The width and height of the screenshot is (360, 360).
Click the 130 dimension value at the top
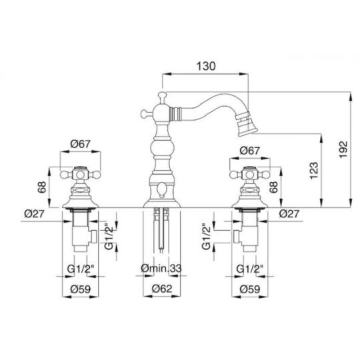(x=206, y=66)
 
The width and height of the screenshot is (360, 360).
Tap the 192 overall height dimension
(x=343, y=149)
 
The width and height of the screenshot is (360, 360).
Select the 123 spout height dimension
(x=314, y=171)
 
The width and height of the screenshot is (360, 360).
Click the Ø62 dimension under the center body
(x=162, y=289)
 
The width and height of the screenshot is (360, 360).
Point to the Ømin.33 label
(x=161, y=268)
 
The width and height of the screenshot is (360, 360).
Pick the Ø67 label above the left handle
(x=81, y=144)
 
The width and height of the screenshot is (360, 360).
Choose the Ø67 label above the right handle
(x=249, y=151)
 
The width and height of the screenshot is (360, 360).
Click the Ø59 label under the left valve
(x=81, y=289)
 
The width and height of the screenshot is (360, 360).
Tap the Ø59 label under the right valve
(x=250, y=289)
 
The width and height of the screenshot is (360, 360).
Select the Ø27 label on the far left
(x=34, y=214)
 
